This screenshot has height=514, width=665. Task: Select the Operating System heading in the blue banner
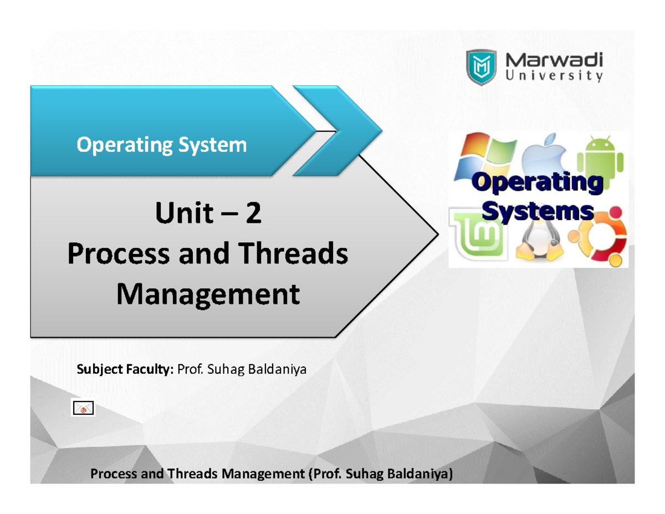pyautogui.click(x=161, y=145)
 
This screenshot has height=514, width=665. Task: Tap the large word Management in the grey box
pyautogui.click(x=207, y=294)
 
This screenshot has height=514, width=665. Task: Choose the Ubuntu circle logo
pyautogui.click(x=605, y=236)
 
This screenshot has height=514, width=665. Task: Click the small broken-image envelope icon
pyautogui.click(x=83, y=409)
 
